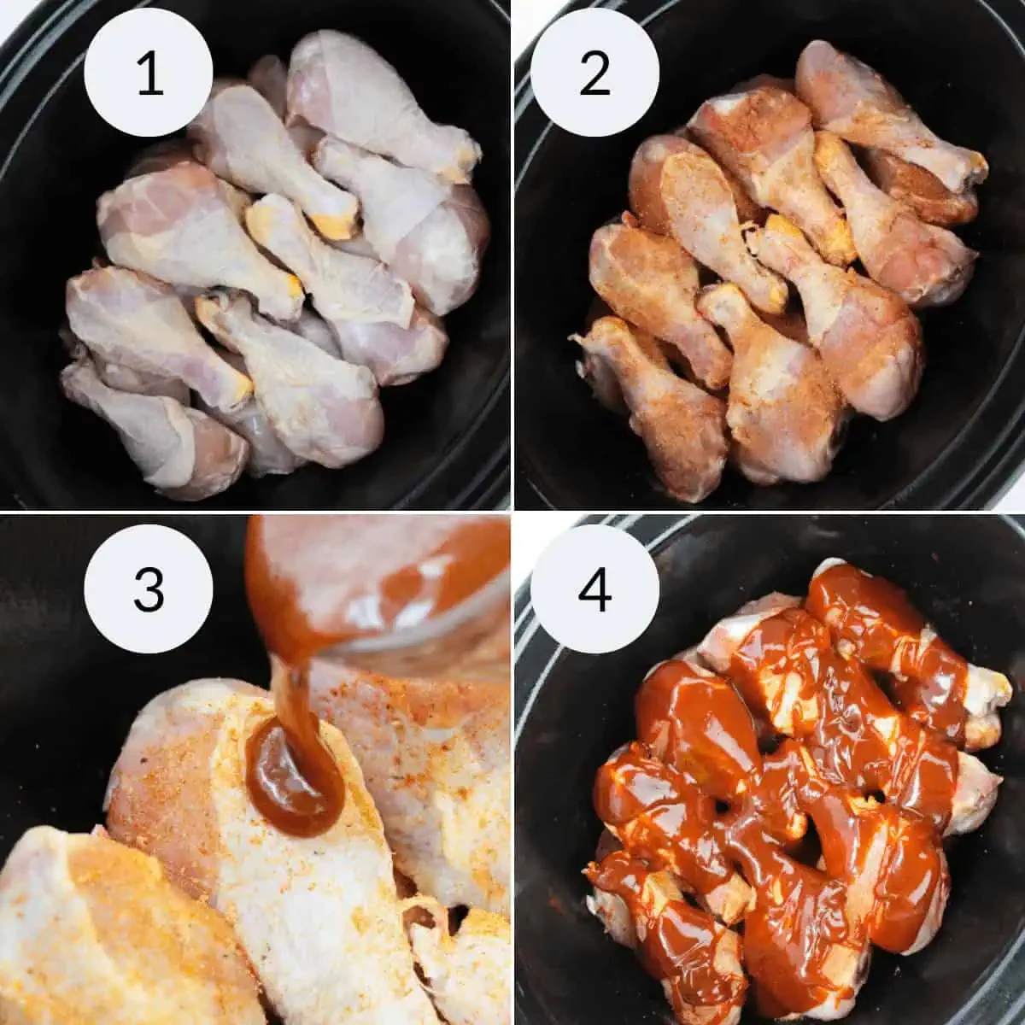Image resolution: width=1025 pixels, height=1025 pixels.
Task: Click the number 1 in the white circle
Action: tap(149, 73)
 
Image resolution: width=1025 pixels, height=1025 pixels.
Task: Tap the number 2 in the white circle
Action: tap(594, 73)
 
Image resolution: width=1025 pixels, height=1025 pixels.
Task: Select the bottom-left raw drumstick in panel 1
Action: tap(145, 427)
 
